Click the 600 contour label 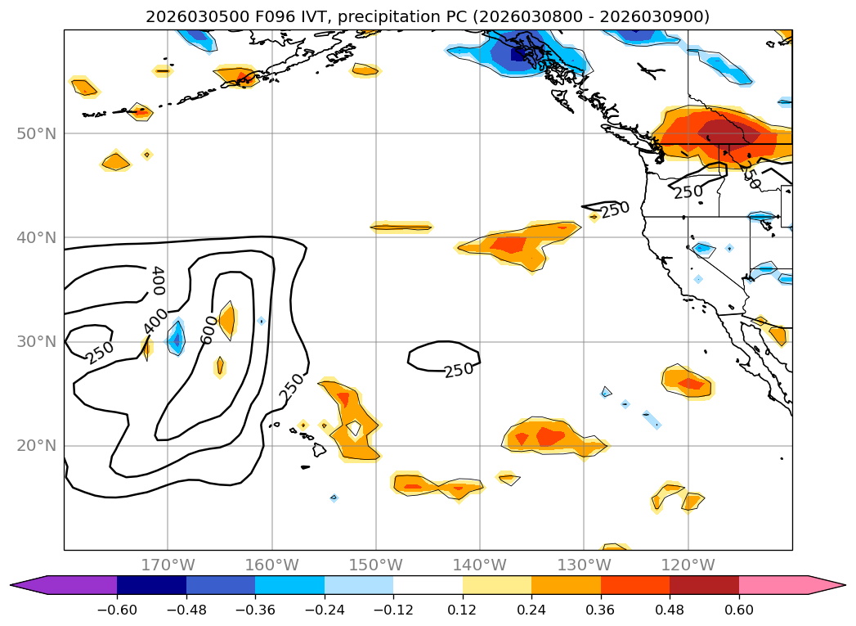tap(208, 329)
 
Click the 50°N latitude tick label tap(36, 133)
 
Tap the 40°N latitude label tap(36, 237)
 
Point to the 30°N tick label tap(36, 341)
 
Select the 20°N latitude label tap(36, 446)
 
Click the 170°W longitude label tap(168, 565)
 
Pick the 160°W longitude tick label tap(271, 565)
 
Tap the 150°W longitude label tap(375, 565)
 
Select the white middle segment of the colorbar tap(428, 585)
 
